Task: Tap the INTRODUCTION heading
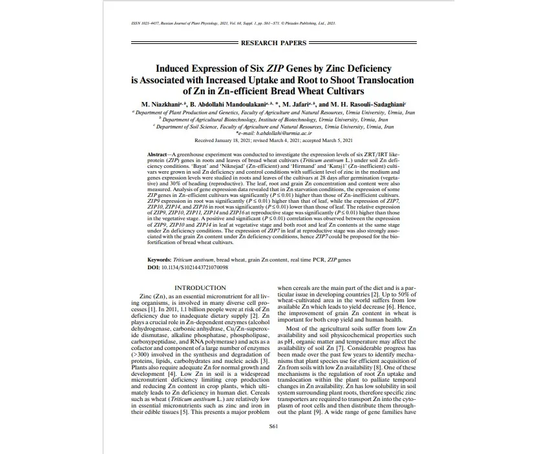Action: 200,287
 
